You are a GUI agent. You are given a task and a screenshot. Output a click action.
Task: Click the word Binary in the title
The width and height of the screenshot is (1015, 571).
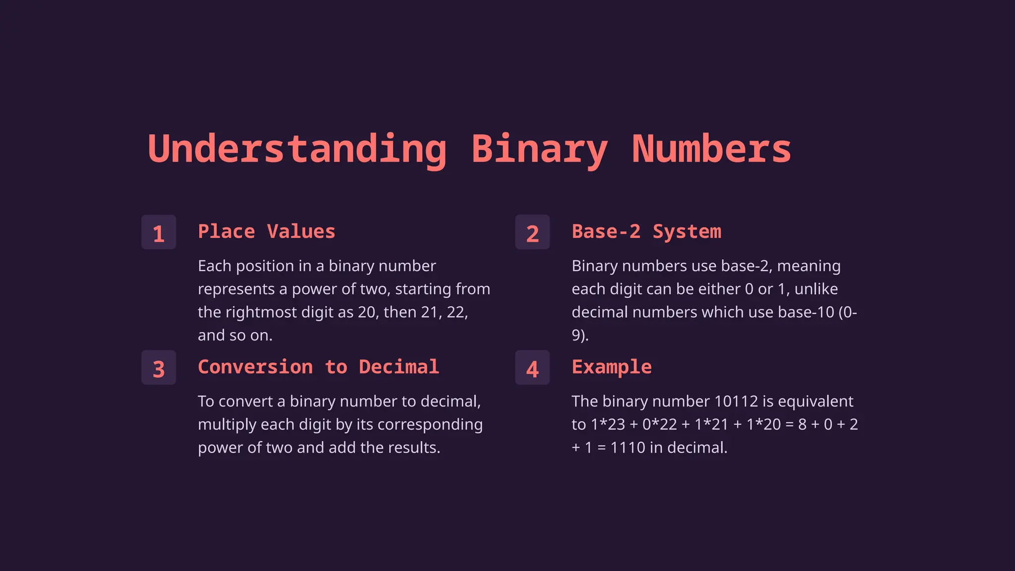coord(539,149)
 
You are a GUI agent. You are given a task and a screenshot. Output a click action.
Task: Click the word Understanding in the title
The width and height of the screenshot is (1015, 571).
coord(297,149)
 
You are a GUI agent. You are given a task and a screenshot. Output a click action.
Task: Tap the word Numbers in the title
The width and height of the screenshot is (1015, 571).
coord(711,149)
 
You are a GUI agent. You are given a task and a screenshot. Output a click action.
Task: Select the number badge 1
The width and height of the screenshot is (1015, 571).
coord(159,232)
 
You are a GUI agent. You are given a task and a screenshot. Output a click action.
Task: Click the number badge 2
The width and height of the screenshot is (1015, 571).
coord(532,232)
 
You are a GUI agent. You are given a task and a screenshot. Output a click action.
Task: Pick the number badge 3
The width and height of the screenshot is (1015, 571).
coord(159,368)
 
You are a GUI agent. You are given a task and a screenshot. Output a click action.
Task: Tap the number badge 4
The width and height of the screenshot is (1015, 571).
coord(532,368)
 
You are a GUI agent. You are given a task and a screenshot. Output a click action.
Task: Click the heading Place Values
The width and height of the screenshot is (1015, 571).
coord(267,231)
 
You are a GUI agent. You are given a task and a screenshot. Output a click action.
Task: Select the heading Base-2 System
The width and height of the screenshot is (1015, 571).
coord(646,231)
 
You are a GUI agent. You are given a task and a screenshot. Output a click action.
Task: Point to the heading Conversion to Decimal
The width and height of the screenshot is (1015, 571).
coord(318,367)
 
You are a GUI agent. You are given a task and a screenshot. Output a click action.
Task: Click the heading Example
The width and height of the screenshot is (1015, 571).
coord(612,367)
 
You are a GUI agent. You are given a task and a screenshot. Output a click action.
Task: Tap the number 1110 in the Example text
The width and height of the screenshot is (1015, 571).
coord(627,448)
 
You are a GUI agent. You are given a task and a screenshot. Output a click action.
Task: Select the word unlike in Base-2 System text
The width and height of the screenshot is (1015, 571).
coord(816,289)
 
